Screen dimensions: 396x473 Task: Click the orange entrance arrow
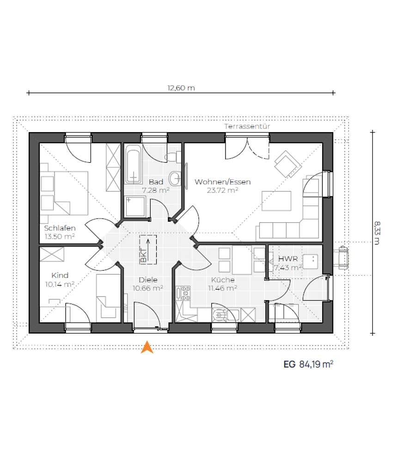tap(147, 347)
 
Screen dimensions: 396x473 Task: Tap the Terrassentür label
tap(247, 127)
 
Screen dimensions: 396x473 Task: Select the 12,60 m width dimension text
tap(181, 88)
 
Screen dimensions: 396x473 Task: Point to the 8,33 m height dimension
tap(377, 233)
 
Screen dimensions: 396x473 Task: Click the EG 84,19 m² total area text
tap(309, 364)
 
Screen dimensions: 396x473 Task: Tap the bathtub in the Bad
tap(133, 164)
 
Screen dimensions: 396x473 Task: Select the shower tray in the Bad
tap(135, 206)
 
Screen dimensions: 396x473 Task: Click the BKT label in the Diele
tap(144, 255)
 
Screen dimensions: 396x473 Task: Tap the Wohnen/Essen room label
tap(222, 182)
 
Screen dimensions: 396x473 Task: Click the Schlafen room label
tap(60, 228)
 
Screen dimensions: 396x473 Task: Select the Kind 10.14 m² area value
tap(60, 284)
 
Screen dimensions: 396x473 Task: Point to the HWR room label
tap(288, 259)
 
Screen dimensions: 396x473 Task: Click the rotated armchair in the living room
tap(288, 164)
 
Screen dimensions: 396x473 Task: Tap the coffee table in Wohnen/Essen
tap(276, 200)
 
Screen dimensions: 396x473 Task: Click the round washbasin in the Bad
tap(175, 179)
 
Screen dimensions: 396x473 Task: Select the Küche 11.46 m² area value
tap(222, 288)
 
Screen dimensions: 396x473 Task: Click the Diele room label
tap(148, 279)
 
